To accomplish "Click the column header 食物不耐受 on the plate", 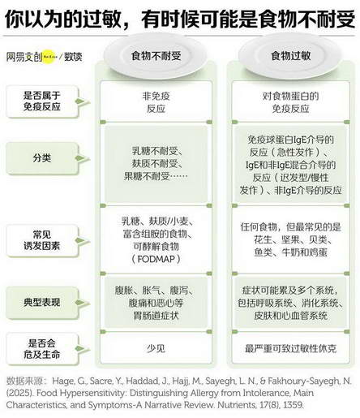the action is pyautogui.click(x=156, y=56).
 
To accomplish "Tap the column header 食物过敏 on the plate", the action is pyautogui.click(x=291, y=56).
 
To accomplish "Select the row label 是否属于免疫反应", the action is pyautogui.click(x=42, y=101).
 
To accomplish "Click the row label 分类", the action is pyautogui.click(x=42, y=157).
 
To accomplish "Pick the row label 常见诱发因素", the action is pyautogui.click(x=42, y=240).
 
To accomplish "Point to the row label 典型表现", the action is pyautogui.click(x=42, y=302).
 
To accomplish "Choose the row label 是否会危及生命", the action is pyautogui.click(x=42, y=349).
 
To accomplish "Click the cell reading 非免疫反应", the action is pyautogui.click(x=156, y=102).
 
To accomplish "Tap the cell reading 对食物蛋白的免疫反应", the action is pyautogui.click(x=290, y=102).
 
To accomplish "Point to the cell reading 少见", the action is pyautogui.click(x=156, y=348).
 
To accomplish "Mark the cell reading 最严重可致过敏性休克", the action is pyautogui.click(x=290, y=348).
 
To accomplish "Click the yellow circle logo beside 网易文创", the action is pyautogui.click(x=50, y=57).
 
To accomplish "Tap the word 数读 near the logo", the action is pyautogui.click(x=73, y=57).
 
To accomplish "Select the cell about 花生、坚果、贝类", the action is pyautogui.click(x=290, y=239).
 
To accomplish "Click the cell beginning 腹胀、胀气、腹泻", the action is pyautogui.click(x=155, y=303).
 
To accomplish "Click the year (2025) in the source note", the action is pyautogui.click(x=19, y=393).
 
